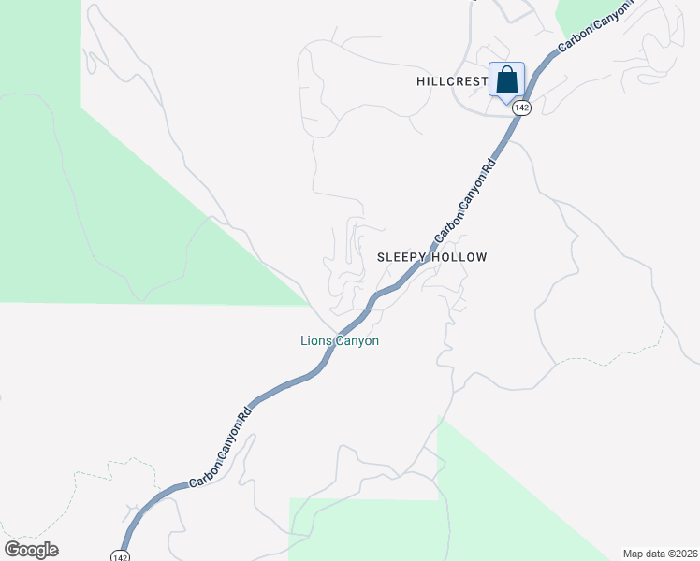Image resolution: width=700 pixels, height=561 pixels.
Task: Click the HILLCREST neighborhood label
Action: (451, 82)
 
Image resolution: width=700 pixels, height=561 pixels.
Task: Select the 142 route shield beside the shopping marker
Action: (522, 108)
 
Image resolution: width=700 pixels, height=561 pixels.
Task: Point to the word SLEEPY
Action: (402, 257)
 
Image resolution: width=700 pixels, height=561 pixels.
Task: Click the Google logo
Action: (31, 550)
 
